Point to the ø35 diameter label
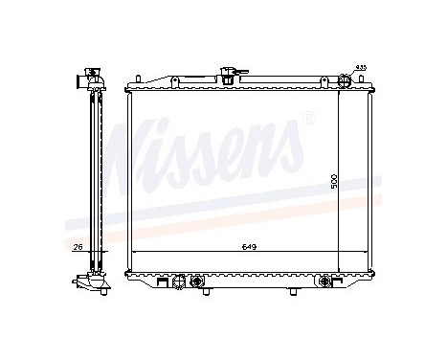click(x=360, y=67)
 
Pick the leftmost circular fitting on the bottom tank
click(x=179, y=281)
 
